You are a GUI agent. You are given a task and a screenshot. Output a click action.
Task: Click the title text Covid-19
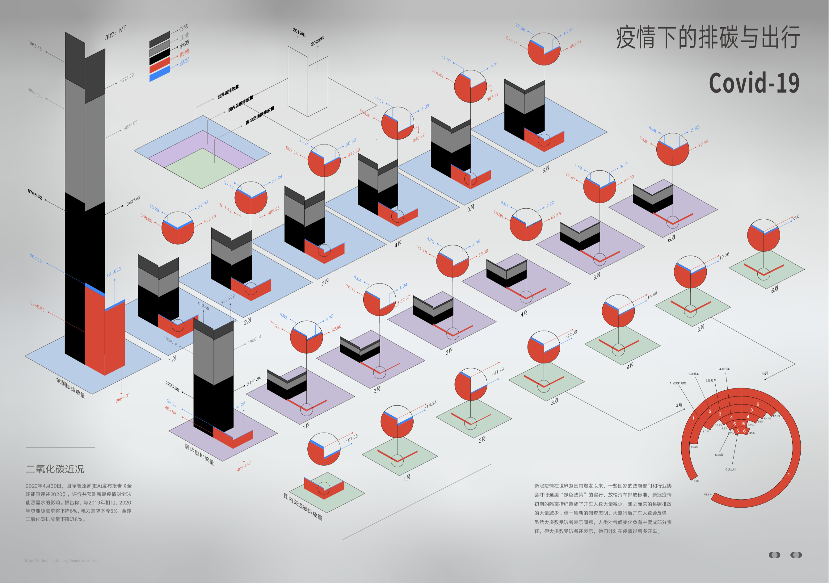(754, 83)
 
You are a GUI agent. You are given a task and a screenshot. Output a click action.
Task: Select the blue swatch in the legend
(159, 74)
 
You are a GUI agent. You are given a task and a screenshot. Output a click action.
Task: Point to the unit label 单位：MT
(116, 33)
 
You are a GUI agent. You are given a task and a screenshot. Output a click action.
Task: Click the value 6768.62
(35, 194)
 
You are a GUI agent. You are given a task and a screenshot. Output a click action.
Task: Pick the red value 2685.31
(123, 397)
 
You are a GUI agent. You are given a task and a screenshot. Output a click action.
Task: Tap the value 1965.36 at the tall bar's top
(35, 46)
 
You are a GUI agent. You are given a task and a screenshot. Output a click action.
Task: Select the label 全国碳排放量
(70, 388)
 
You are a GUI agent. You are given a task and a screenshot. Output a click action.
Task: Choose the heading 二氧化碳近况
(55, 469)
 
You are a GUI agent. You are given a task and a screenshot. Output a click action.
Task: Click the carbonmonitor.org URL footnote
(62, 561)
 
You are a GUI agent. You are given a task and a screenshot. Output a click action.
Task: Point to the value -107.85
(351, 438)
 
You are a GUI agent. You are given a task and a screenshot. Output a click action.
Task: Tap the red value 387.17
(493, 97)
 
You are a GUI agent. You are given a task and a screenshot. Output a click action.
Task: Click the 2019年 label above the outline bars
(299, 32)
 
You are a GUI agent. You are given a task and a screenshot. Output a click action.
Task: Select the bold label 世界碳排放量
(228, 92)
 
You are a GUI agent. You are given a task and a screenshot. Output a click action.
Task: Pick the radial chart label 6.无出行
(730, 469)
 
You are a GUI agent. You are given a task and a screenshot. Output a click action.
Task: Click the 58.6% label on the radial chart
(708, 494)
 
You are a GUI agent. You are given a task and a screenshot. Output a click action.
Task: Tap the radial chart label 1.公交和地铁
(678, 383)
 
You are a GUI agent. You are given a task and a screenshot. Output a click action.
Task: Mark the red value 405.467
(244, 466)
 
